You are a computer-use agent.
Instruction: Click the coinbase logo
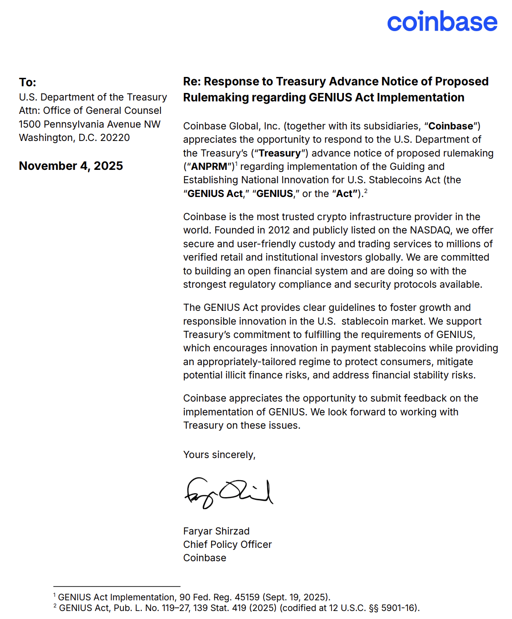tap(442, 22)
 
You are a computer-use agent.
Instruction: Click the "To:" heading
tap(28, 82)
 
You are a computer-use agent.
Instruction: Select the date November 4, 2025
tap(71, 166)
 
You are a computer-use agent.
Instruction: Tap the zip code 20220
tap(115, 138)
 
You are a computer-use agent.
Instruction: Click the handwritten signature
tap(228, 493)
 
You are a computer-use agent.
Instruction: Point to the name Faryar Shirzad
tap(216, 531)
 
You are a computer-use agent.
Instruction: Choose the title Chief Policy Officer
tap(228, 544)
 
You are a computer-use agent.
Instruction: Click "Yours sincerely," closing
tap(219, 454)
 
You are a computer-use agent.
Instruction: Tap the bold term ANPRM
tap(209, 167)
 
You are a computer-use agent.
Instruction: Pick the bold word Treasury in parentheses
tap(280, 153)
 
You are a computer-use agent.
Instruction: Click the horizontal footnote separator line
tap(116, 587)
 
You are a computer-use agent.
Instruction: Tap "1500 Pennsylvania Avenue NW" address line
tap(90, 125)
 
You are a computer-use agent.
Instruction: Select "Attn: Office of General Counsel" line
tap(90, 111)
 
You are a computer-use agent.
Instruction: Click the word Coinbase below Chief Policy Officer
tap(205, 558)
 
